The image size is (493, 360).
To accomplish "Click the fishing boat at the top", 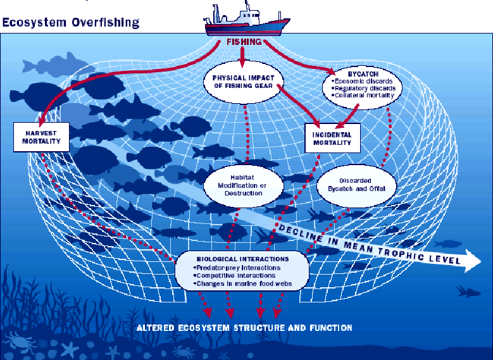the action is (247, 20).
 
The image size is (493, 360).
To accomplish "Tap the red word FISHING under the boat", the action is (244, 42).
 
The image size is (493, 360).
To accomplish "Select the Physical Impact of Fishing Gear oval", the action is (244, 82).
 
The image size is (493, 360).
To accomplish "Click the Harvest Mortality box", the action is (41, 137).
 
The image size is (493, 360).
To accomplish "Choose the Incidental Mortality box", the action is (332, 139).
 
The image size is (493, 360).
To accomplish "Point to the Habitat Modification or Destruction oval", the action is (244, 185).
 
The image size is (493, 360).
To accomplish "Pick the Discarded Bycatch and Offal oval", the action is (356, 185).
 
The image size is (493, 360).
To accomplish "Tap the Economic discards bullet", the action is (362, 81).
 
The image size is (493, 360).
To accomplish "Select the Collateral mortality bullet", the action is (363, 96).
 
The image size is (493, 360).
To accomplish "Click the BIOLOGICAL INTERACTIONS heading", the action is (242, 259).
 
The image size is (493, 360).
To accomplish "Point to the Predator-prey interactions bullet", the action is (237, 268).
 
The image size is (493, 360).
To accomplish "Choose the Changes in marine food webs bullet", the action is (242, 283).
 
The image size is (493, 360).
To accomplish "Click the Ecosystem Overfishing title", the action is (70, 23).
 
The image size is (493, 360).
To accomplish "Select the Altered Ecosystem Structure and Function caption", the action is (244, 328).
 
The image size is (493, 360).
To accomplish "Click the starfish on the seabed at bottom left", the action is (70, 349).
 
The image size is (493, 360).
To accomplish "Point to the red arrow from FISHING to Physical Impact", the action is (242, 57).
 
